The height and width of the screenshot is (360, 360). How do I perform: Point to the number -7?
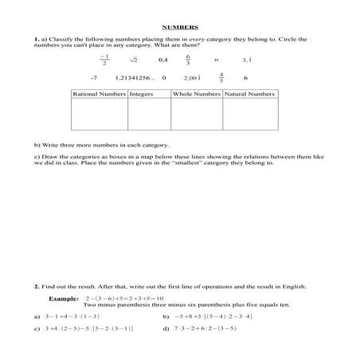(94, 78)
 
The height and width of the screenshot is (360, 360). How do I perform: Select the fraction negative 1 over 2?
(104, 60)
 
